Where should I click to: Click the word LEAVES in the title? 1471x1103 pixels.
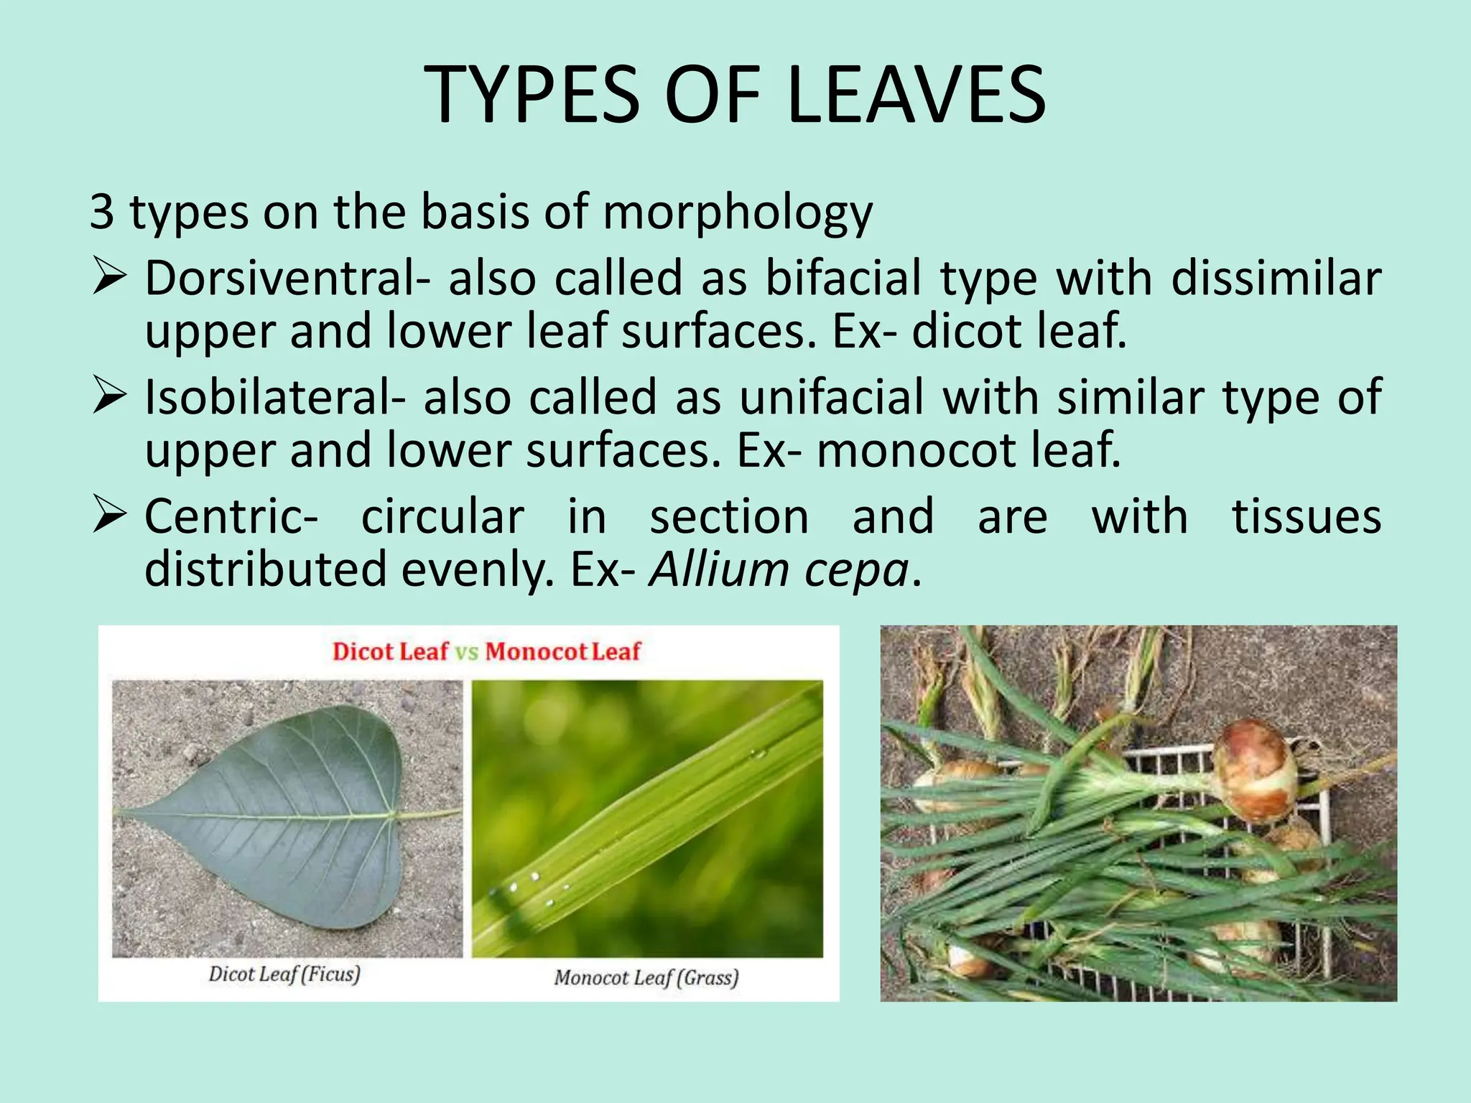click(x=916, y=95)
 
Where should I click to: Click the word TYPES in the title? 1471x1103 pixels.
click(x=532, y=95)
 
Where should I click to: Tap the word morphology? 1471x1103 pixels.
click(x=737, y=213)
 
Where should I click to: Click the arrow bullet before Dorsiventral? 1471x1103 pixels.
click(x=109, y=278)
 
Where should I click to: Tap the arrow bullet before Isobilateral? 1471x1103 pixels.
click(x=109, y=397)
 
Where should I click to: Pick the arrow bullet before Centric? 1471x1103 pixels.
click(x=109, y=516)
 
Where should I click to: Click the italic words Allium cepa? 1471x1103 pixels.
click(x=779, y=570)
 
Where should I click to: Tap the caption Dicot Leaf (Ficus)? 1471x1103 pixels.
click(x=284, y=974)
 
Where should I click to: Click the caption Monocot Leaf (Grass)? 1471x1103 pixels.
click(x=646, y=977)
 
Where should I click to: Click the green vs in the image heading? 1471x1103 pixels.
click(x=466, y=652)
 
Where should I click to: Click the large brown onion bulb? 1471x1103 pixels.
click(x=1254, y=770)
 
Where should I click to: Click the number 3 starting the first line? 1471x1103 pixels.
click(x=101, y=213)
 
